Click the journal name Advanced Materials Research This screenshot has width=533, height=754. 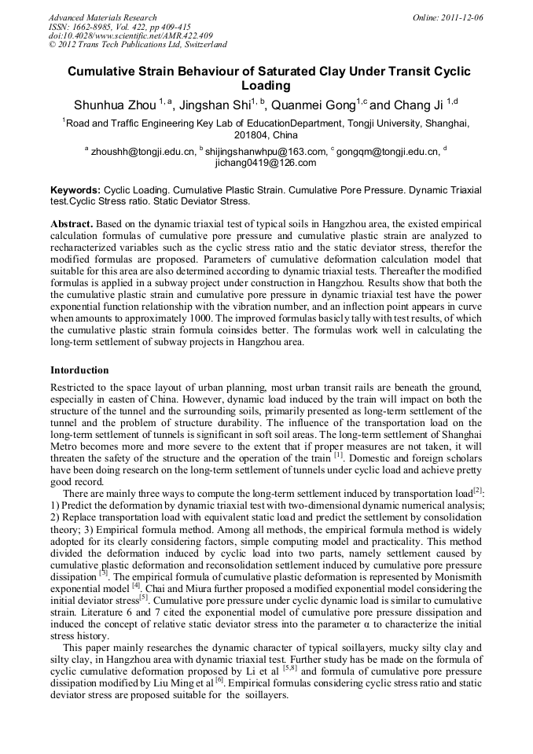coord(102,17)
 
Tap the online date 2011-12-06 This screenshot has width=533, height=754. coord(461,17)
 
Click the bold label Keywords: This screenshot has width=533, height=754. coord(75,190)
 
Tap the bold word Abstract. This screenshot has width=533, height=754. coord(72,224)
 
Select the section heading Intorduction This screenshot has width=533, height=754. coord(79,370)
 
